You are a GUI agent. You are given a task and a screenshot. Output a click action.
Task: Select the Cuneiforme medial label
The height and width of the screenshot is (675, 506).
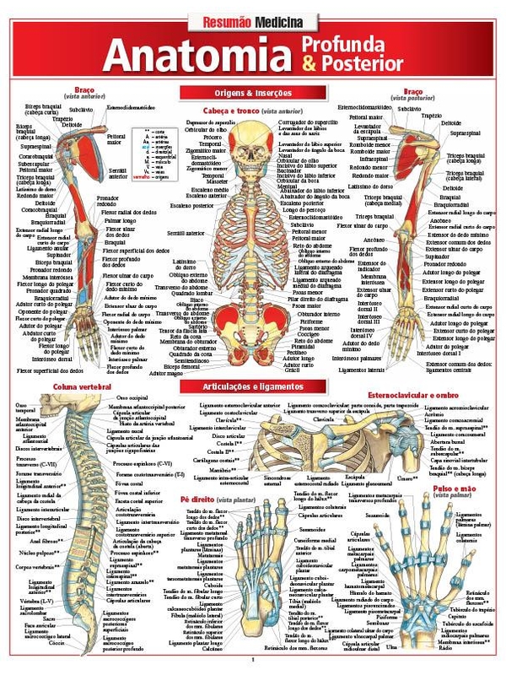point(315,540)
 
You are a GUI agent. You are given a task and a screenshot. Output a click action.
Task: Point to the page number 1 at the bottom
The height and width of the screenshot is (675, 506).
point(253,661)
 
